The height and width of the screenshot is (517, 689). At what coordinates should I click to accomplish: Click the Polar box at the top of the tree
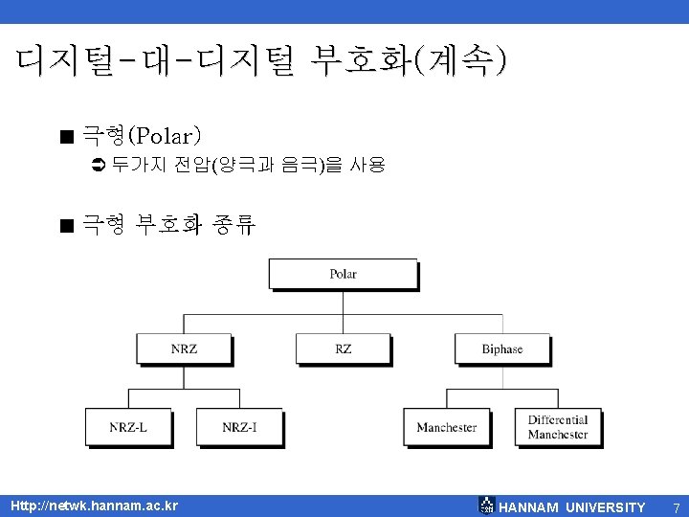click(x=343, y=274)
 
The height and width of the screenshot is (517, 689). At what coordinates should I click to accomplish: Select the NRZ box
click(x=184, y=348)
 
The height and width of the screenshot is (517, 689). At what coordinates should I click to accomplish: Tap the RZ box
click(x=343, y=348)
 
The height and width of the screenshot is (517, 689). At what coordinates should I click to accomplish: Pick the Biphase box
click(x=501, y=348)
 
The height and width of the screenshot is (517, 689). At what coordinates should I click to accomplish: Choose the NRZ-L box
click(x=128, y=427)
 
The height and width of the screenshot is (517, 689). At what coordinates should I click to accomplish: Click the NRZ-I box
click(x=239, y=427)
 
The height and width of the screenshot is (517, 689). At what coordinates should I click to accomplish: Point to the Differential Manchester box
click(x=558, y=427)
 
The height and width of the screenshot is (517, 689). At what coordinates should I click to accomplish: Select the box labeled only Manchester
click(x=446, y=427)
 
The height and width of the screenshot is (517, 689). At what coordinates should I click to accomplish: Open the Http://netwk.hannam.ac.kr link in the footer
click(x=94, y=506)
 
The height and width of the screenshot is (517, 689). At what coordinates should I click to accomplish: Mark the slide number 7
click(x=675, y=506)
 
